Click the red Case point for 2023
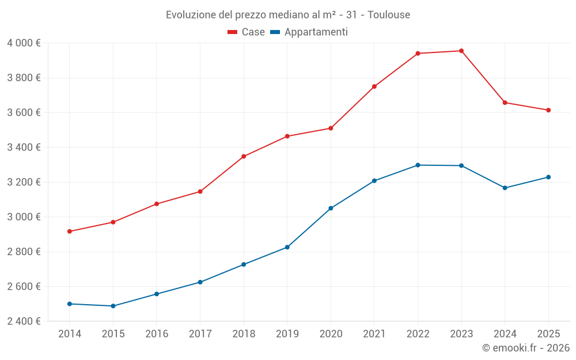tap(461, 51)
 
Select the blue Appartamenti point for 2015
tap(113, 306)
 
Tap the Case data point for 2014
tap(70, 232)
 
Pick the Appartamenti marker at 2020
tap(331, 208)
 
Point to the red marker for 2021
tap(374, 86)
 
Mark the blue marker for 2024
tap(505, 188)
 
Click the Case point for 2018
tap(244, 156)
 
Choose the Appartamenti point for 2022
tap(418, 165)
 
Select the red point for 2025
tap(548, 110)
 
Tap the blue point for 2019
tap(287, 247)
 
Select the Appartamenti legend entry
tap(309, 32)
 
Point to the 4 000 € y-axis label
tap(24, 43)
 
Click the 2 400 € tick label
tap(24, 321)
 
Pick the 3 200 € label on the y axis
tap(24, 182)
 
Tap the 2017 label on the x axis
tap(200, 334)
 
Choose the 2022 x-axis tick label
tap(418, 334)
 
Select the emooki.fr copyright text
tap(525, 348)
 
